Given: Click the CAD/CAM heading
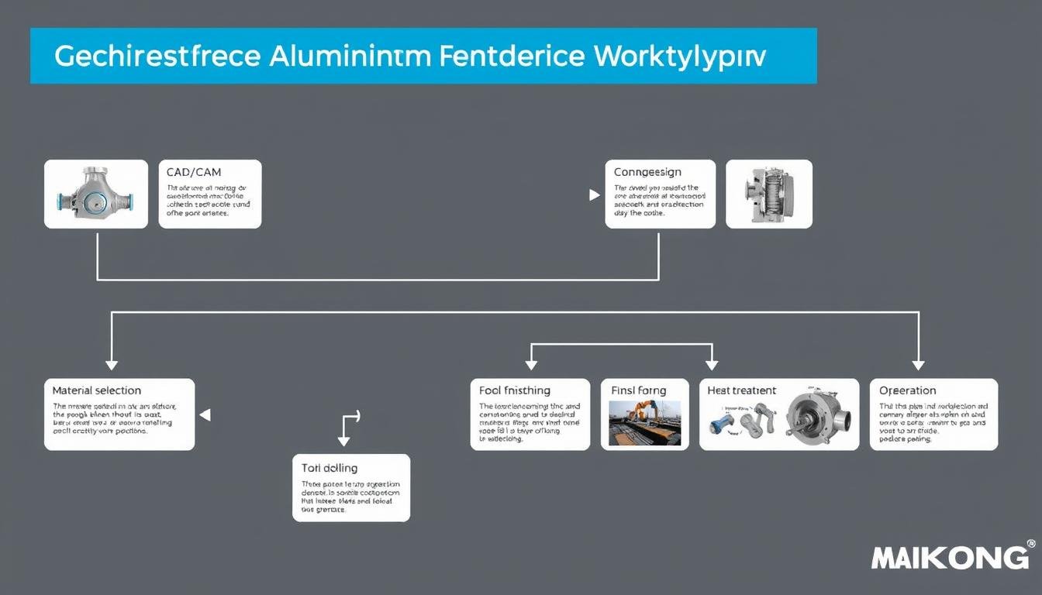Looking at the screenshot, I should (x=194, y=172).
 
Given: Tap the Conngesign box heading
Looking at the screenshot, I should (x=648, y=172).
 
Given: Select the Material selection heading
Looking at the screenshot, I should (x=97, y=390).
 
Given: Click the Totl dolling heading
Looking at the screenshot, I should (x=330, y=468).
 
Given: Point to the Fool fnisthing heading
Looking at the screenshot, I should (x=515, y=390).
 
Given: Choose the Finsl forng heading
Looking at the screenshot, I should (x=639, y=390).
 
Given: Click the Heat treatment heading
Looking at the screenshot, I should (x=742, y=390).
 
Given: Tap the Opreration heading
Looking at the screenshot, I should (x=908, y=390).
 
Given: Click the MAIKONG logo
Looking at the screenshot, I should (x=950, y=558).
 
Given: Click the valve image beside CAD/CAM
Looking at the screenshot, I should (x=95, y=194).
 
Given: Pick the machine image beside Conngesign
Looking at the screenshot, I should (x=768, y=194).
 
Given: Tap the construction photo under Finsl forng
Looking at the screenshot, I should (x=645, y=422).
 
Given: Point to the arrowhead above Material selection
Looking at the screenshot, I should (x=112, y=364).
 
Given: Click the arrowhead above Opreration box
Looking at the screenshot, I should (x=919, y=364).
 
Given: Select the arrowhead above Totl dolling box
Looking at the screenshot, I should (x=343, y=441).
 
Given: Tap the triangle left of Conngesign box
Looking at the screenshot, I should (x=595, y=195).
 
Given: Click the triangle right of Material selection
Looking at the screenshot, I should (x=205, y=415).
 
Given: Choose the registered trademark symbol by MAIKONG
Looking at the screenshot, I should (x=1030, y=544).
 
